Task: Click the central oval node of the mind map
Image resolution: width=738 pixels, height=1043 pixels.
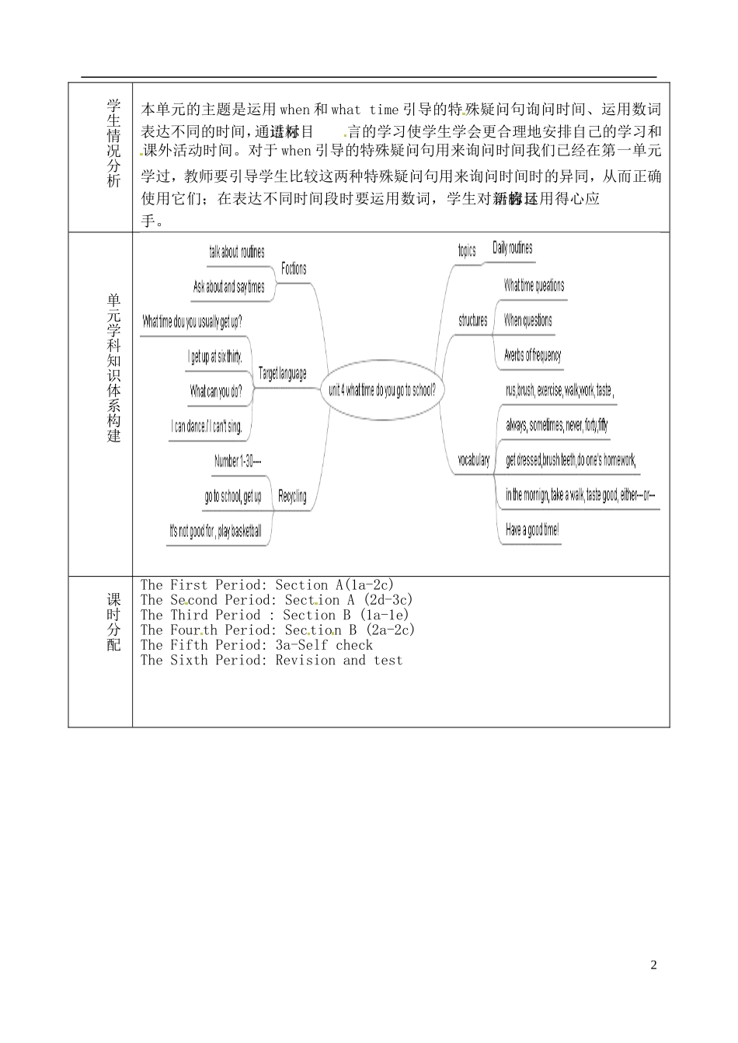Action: pyautogui.click(x=381, y=390)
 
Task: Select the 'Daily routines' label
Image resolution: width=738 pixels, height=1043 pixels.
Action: pyautogui.click(x=513, y=249)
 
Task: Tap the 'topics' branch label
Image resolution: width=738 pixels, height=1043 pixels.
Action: pyautogui.click(x=467, y=250)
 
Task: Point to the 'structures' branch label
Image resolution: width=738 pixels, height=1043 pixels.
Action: pyautogui.click(x=473, y=320)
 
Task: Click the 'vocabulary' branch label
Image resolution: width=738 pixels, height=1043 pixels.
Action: pyautogui.click(x=473, y=460)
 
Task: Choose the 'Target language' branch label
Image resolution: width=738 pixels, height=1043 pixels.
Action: pyautogui.click(x=283, y=374)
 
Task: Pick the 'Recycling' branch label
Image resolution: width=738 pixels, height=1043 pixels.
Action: pyautogui.click(x=292, y=496)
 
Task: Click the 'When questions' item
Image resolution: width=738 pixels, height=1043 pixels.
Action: pyautogui.click(x=528, y=320)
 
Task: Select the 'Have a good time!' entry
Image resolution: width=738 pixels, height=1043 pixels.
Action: pyautogui.click(x=532, y=530)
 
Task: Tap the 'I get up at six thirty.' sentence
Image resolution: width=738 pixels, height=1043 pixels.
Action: pyautogui.click(x=216, y=357)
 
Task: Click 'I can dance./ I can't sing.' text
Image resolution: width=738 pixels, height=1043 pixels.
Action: pyautogui.click(x=207, y=427)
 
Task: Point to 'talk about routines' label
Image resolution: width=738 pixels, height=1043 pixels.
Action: pyautogui.click(x=237, y=252)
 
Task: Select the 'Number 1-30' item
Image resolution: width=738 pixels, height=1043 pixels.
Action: pyautogui.click(x=238, y=462)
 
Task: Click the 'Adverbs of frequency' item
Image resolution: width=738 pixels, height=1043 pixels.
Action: pyautogui.click(x=532, y=355)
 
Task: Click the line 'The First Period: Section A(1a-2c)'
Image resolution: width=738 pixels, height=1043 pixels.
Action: pyautogui.click(x=267, y=585)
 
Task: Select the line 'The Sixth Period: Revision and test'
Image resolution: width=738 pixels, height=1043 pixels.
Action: pyautogui.click(x=272, y=661)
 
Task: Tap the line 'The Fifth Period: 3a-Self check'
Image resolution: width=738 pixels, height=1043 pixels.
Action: pyautogui.click(x=256, y=645)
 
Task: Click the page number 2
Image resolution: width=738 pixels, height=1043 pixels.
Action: pyautogui.click(x=653, y=966)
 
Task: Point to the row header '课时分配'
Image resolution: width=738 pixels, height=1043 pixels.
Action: pyautogui.click(x=114, y=622)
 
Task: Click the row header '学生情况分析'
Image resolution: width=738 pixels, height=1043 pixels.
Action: pyautogui.click(x=114, y=144)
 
